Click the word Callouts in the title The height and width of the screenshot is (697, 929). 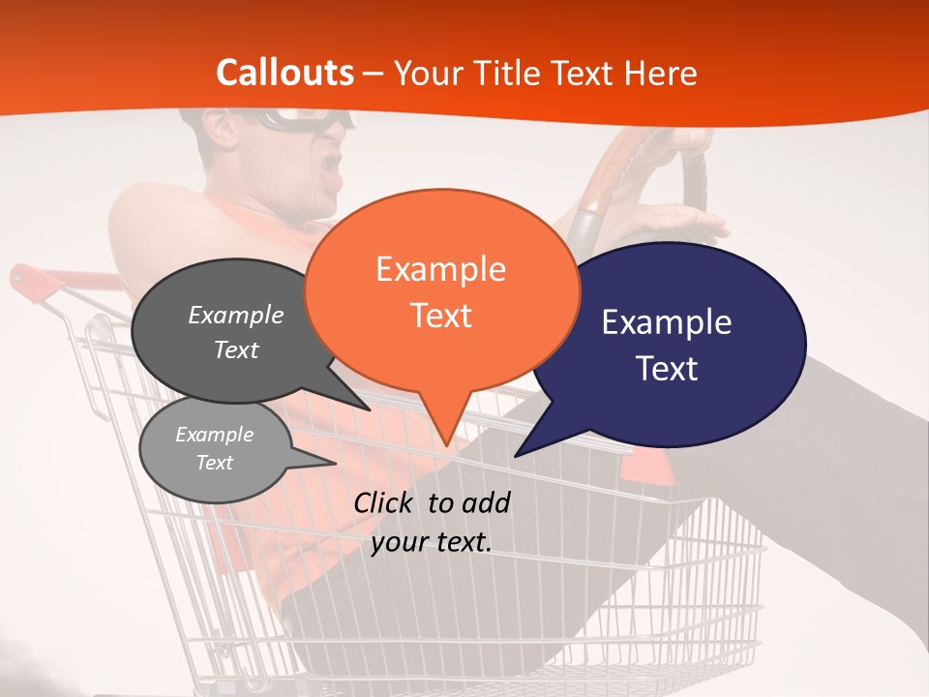pyautogui.click(x=285, y=73)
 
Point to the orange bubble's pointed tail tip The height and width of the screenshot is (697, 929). pyautogui.click(x=446, y=444)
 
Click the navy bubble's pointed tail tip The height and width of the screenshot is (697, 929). pyautogui.click(x=516, y=455)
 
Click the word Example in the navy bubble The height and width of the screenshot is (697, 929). pyautogui.click(x=667, y=322)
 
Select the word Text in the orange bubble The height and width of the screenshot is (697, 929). pyautogui.click(x=441, y=316)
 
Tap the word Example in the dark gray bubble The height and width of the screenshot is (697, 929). pyautogui.click(x=236, y=315)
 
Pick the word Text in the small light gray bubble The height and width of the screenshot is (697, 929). pyautogui.click(x=215, y=463)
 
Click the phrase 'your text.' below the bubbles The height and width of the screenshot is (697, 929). pyautogui.click(x=432, y=543)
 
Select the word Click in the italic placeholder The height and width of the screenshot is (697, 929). pyautogui.click(x=385, y=502)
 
